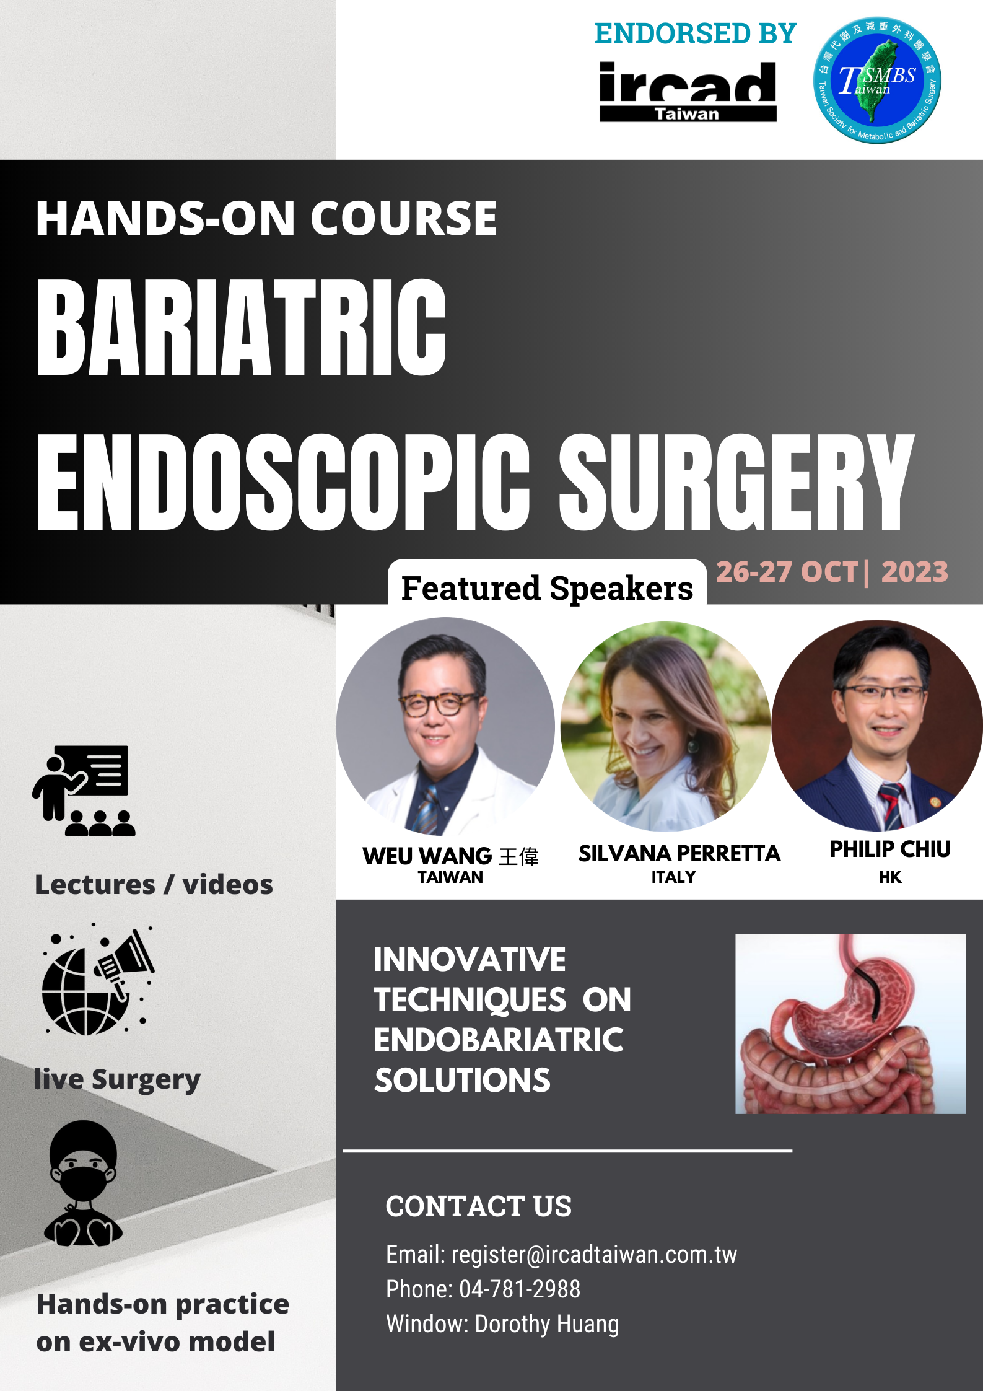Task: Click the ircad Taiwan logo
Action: pos(688,91)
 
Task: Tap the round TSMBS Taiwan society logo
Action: pos(877,80)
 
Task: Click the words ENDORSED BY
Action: pos(695,33)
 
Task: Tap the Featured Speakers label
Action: pos(547,588)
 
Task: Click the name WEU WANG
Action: pos(427,856)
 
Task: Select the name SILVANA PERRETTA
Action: pos(679,854)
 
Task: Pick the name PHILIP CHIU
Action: pos(890,849)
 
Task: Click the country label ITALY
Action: pos(673,877)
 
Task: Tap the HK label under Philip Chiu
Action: pos(890,877)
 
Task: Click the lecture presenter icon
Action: pos(84,791)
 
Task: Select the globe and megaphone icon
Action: pos(98,980)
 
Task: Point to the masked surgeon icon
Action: pos(83,1184)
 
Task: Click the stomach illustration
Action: pos(850,1024)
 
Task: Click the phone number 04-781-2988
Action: pos(520,1289)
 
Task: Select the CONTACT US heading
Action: pos(478,1206)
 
